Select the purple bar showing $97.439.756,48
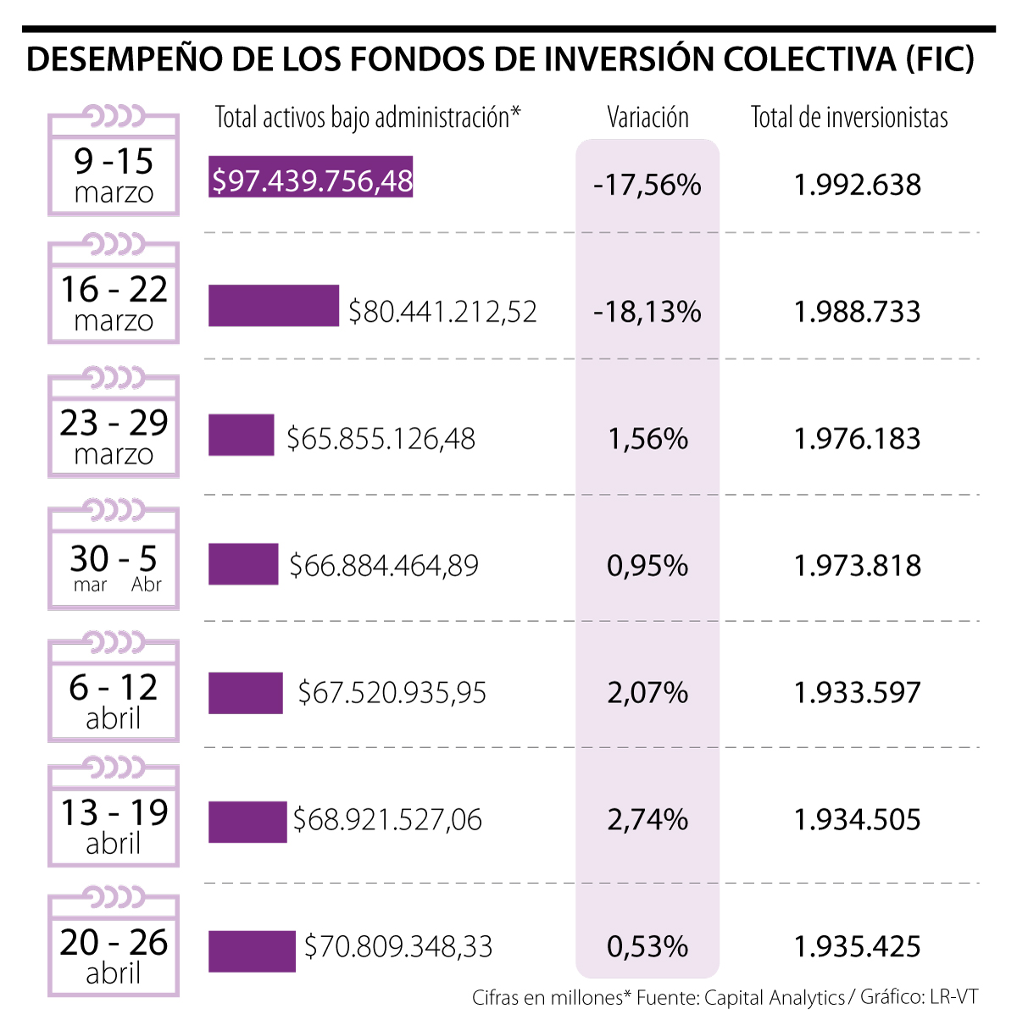coord(311,177)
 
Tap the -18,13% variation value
coord(647,312)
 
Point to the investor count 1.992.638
coord(857,185)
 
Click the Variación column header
coord(647,117)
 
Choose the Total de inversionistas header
coord(849,117)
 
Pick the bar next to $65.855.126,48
coord(242,435)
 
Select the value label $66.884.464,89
coord(384,565)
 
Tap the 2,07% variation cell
coord(647,693)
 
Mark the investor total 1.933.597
coord(857,693)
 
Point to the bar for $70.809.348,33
coord(252,951)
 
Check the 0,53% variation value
coord(647,946)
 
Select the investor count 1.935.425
coord(857,946)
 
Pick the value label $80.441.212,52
coord(442,312)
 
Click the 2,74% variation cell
coord(647,819)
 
